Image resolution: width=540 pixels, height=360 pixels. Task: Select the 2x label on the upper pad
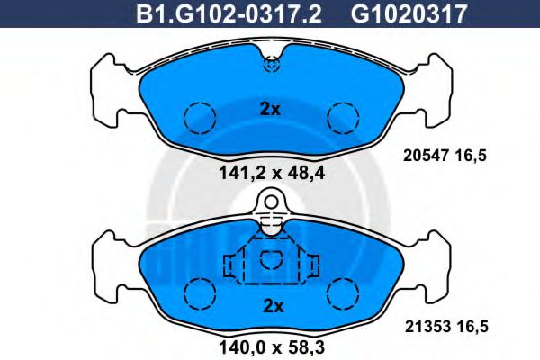point(270,110)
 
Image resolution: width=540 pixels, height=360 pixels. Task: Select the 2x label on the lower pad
point(271,306)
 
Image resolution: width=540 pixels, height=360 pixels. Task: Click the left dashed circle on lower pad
point(200,292)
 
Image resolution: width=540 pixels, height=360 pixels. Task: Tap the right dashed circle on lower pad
point(342,292)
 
